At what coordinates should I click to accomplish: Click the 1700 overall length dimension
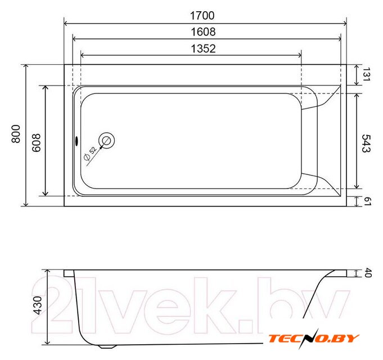pyautogui.click(x=202, y=16)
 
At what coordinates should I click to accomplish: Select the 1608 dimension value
pyautogui.click(x=203, y=32)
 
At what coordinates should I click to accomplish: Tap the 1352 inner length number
pyautogui.click(x=203, y=48)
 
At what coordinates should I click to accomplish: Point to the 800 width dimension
pyautogui.click(x=16, y=134)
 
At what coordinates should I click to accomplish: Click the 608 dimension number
pyautogui.click(x=37, y=143)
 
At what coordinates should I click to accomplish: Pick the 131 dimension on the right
pyautogui.click(x=366, y=74)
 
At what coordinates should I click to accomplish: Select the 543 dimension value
pyautogui.click(x=366, y=143)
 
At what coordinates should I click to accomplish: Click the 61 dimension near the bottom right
pyautogui.click(x=367, y=201)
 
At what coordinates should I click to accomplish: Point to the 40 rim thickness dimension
pyautogui.click(x=368, y=273)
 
